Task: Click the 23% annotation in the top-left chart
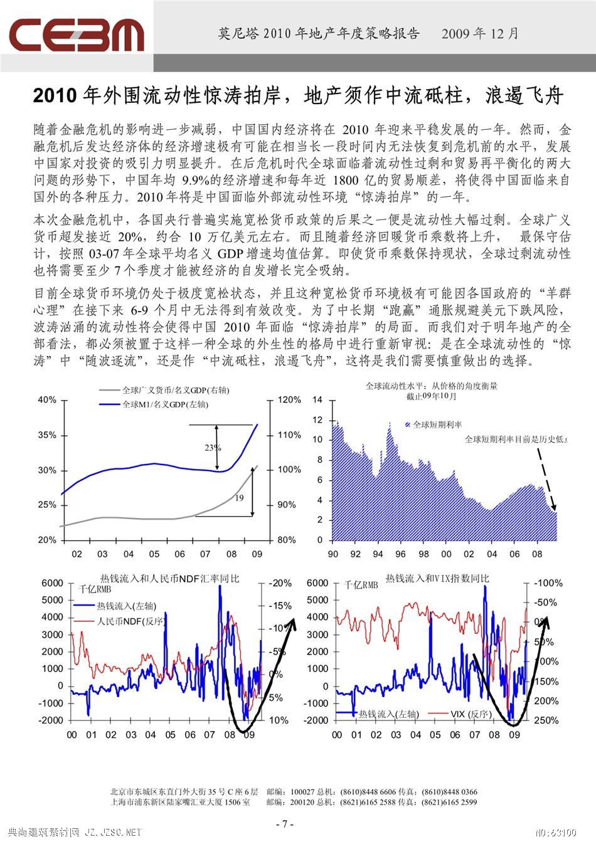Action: tap(213, 448)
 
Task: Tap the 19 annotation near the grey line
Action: tap(239, 498)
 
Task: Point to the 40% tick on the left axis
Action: tap(47, 400)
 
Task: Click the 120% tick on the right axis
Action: tap(289, 400)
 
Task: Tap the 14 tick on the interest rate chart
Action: tap(317, 400)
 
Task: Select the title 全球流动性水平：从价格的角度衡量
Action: tap(432, 386)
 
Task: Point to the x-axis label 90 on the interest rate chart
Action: tap(333, 554)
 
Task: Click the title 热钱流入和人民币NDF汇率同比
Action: tap(169, 579)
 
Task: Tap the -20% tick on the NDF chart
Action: tap(280, 583)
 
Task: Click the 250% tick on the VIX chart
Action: tap(546, 720)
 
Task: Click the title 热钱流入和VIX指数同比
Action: tap(437, 579)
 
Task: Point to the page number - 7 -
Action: tap(285, 824)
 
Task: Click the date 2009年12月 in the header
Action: tap(480, 33)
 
